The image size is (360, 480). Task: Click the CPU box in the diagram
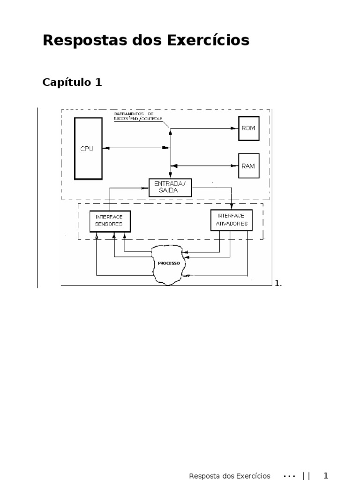click(88, 148)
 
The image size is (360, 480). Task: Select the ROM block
click(248, 128)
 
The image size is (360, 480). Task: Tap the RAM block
click(248, 165)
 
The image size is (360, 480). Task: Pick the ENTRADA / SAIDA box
click(170, 187)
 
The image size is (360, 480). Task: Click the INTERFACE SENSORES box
click(110, 221)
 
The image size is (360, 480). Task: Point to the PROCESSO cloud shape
click(169, 263)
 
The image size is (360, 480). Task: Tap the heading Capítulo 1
click(72, 82)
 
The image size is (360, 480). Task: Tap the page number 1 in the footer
click(326, 476)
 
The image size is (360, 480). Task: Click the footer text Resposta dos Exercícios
click(230, 476)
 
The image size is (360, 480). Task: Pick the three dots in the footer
click(290, 476)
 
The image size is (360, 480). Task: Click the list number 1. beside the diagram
click(278, 283)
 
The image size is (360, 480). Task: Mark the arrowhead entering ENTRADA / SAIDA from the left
click(145, 187)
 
